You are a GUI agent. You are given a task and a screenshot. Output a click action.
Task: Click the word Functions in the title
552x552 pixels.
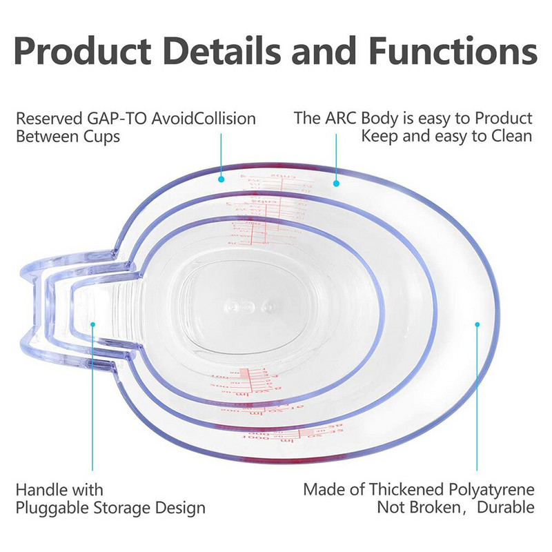click(453, 50)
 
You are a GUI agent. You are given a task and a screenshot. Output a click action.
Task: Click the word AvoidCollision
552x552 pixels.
click(204, 118)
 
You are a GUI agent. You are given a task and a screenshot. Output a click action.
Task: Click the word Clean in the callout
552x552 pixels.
click(511, 136)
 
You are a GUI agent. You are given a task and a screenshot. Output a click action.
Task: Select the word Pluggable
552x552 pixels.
click(51, 509)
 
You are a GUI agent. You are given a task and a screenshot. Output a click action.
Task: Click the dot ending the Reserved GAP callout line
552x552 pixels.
click(221, 179)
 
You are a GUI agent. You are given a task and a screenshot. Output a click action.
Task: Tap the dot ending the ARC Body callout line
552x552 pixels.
click(336, 184)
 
